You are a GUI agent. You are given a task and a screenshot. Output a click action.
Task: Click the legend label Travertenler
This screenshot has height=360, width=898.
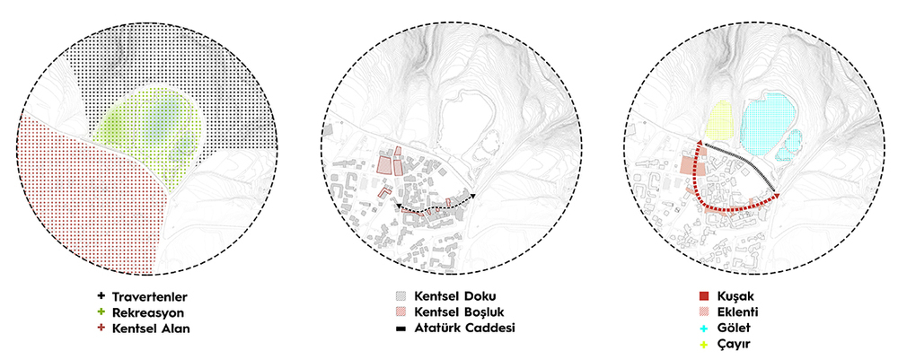[x=150, y=297]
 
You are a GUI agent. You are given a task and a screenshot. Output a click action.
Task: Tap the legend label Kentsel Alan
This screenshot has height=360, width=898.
[x=151, y=329]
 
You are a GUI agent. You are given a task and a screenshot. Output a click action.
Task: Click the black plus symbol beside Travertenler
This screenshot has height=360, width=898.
[x=101, y=296]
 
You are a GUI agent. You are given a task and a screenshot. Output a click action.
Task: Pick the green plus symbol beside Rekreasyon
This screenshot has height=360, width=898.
[x=101, y=312]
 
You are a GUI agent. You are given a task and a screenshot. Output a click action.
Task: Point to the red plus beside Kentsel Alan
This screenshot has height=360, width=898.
[x=101, y=329]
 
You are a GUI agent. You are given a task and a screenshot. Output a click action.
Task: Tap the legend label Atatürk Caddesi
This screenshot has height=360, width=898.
[x=465, y=329]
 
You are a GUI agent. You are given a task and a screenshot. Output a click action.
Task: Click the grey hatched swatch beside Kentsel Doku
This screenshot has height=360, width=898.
[x=401, y=296]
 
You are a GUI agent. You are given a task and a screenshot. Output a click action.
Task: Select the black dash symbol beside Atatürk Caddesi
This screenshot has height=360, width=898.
[x=401, y=329]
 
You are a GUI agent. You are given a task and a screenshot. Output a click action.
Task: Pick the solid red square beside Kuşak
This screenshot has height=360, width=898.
[x=704, y=296]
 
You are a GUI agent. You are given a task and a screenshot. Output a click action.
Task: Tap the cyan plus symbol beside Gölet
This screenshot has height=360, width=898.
[x=704, y=329]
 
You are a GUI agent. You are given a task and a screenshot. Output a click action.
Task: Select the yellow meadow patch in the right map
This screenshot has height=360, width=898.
[x=719, y=119]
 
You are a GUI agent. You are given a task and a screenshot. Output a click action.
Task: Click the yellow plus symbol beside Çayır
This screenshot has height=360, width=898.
[x=704, y=345]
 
